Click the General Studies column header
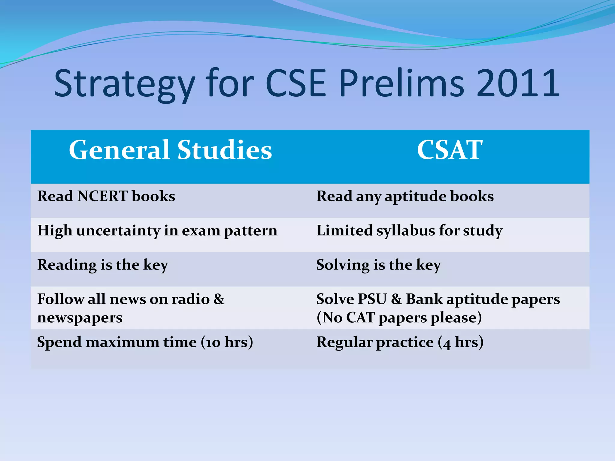[170, 150]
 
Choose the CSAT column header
[450, 150]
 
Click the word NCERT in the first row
[102, 196]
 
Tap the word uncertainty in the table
[118, 231]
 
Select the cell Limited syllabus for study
[409, 231]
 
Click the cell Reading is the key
[102, 265]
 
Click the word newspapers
[80, 318]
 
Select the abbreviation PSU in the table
[372, 299]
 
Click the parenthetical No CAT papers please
[399, 318]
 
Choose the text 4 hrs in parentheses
[460, 342]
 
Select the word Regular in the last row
[344, 342]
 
